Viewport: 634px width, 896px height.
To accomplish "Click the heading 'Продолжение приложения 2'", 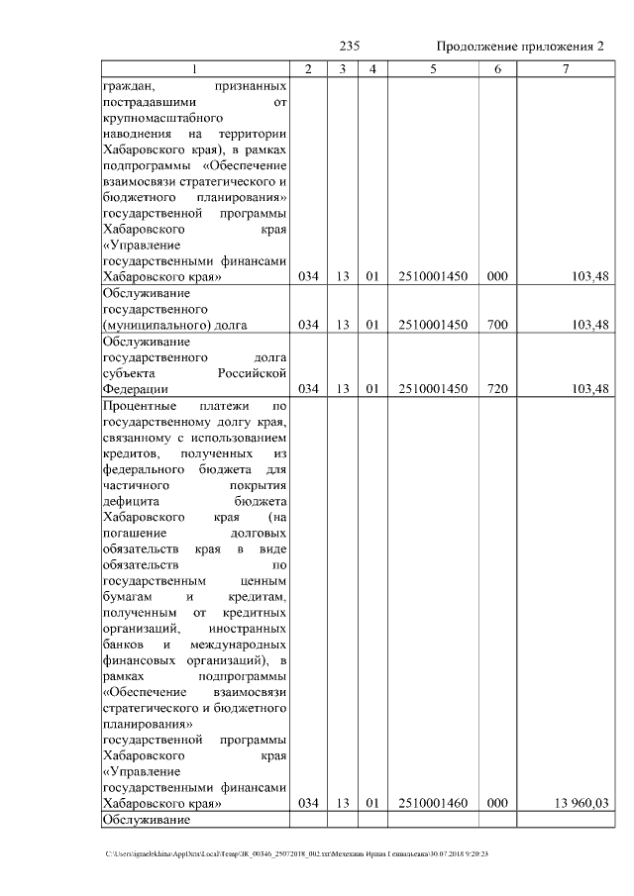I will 519,48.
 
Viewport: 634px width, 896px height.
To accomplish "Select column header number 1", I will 194,69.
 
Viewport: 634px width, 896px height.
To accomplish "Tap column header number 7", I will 565,69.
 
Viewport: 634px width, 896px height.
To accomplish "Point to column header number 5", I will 432,69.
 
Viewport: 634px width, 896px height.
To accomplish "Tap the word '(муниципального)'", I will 152,324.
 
